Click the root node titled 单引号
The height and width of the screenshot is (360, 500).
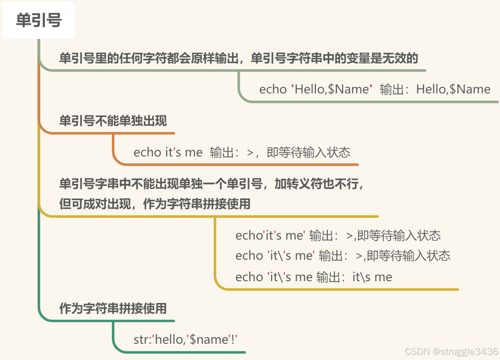click(39, 21)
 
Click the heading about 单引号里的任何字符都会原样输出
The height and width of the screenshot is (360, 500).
click(238, 58)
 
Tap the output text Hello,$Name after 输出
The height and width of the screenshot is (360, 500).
click(453, 89)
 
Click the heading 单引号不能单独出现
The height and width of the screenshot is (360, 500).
click(113, 121)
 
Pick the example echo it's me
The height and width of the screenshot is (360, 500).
click(168, 152)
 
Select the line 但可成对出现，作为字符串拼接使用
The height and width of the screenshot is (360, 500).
click(155, 204)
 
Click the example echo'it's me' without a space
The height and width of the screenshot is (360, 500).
click(270, 235)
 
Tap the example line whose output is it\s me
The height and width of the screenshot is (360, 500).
click(314, 277)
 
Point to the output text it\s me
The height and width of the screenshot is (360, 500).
click(372, 277)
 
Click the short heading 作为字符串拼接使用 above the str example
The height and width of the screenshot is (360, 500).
click(113, 309)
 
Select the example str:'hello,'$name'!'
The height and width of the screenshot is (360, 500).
click(186, 340)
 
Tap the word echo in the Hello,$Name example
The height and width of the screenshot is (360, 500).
click(273, 89)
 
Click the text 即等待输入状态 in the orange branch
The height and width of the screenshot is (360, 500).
click(308, 152)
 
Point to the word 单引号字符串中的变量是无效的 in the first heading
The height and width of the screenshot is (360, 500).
click(334, 58)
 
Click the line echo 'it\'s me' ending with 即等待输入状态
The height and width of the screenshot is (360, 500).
click(343, 256)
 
